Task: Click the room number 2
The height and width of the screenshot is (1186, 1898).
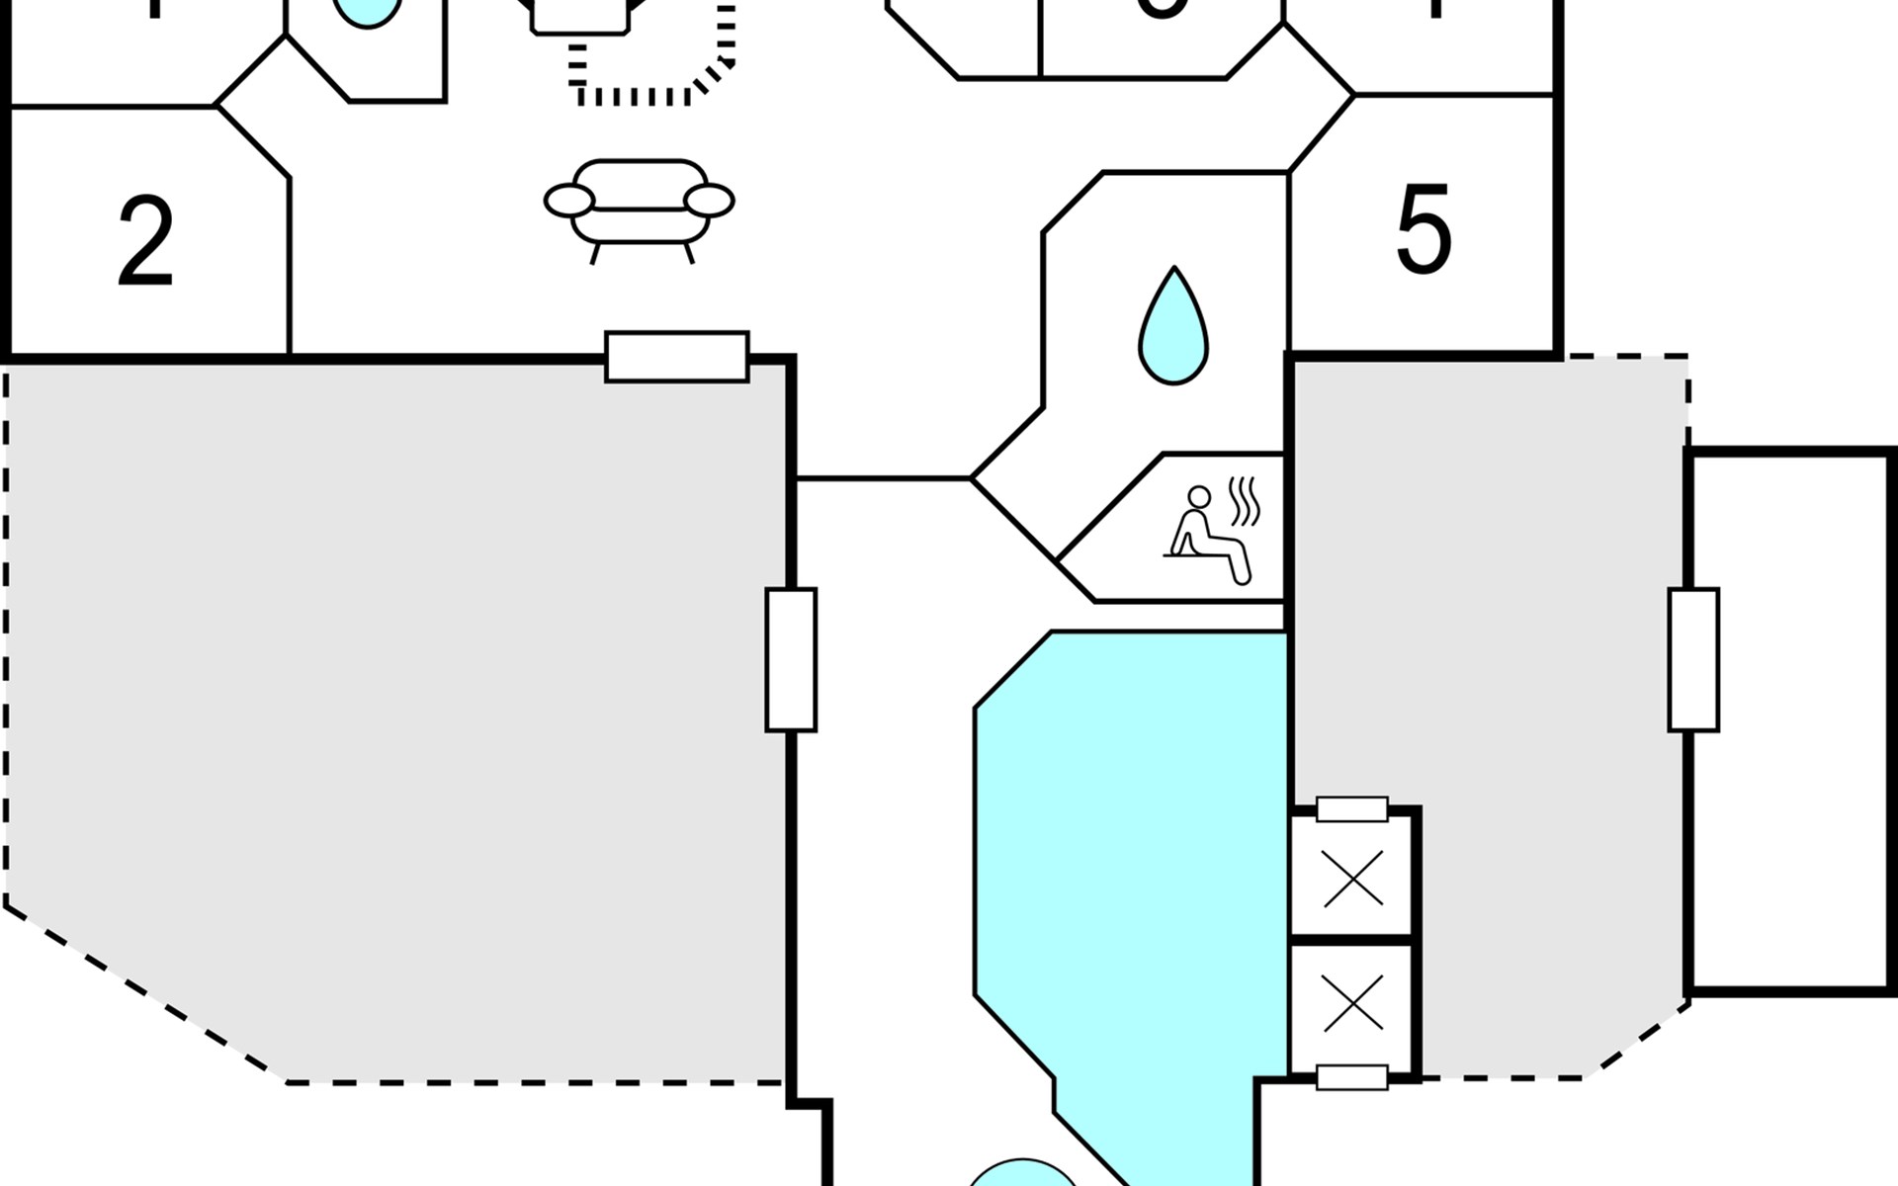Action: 145,242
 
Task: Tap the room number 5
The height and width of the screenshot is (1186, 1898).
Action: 1423,230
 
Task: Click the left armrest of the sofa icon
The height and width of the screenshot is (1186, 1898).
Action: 569,201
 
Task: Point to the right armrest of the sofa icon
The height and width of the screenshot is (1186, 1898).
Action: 710,201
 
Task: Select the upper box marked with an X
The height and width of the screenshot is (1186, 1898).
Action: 1352,879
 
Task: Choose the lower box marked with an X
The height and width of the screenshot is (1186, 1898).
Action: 1352,1008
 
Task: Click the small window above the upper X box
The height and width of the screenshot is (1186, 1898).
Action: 1352,809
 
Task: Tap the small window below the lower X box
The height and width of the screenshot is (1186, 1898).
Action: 1352,1077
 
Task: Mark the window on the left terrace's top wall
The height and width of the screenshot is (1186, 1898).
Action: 677,357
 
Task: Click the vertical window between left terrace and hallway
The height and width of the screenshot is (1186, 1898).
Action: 791,659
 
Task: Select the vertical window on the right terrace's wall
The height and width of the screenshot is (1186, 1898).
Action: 1693,659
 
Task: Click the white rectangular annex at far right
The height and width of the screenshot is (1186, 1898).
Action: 1791,721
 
